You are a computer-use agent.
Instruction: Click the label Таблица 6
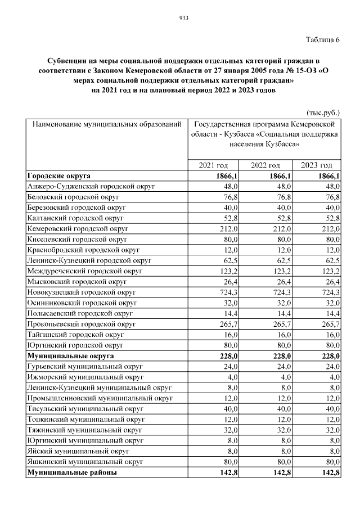click(x=323, y=39)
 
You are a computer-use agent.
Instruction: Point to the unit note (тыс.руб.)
click(x=323, y=112)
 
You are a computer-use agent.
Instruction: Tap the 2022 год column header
click(x=265, y=165)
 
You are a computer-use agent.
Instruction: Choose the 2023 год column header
click(x=317, y=165)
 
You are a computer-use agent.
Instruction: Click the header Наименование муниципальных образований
click(x=107, y=123)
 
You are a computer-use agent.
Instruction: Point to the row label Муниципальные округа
click(x=70, y=356)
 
